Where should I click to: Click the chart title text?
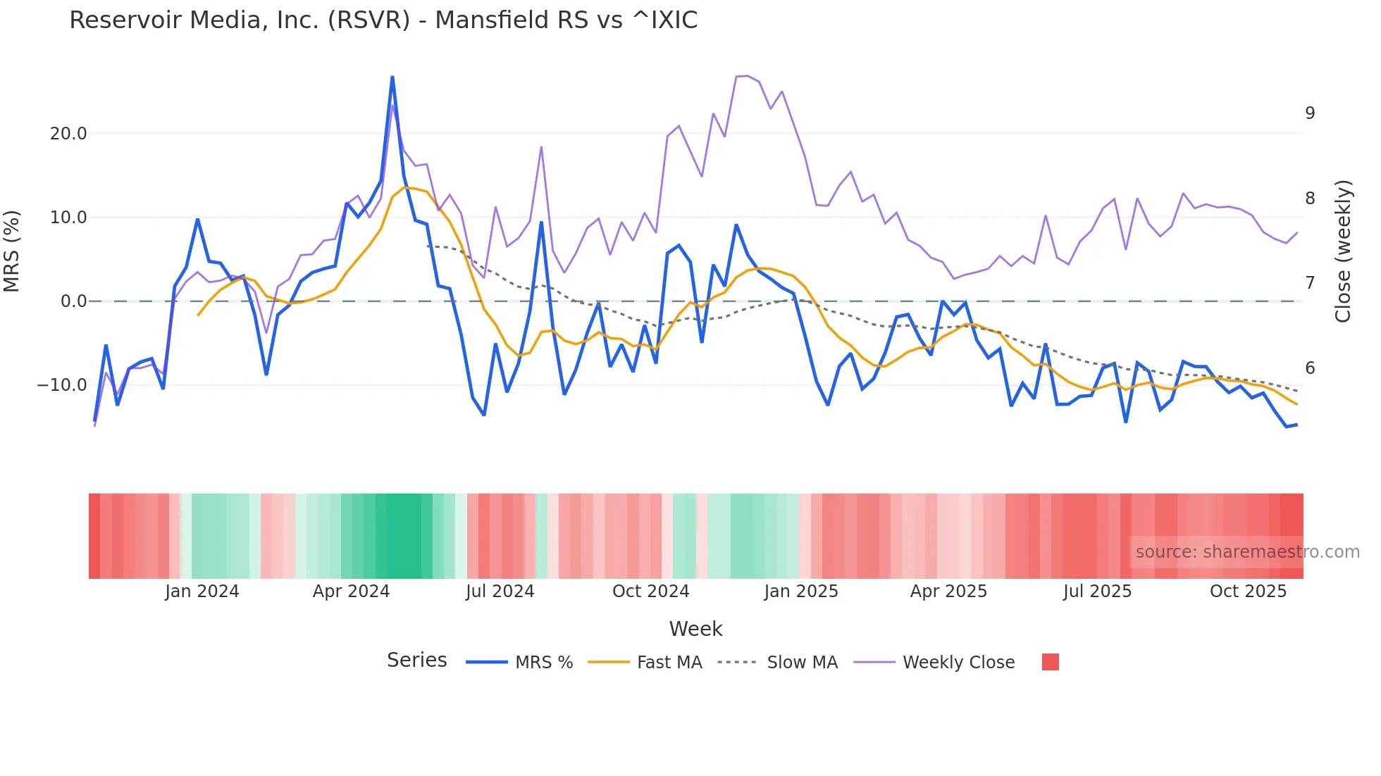(383, 20)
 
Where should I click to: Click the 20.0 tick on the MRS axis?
(68, 134)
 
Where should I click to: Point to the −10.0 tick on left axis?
(62, 385)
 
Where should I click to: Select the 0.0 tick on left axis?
(73, 301)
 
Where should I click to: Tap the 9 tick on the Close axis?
(1310, 113)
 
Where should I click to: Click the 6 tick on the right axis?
(1310, 368)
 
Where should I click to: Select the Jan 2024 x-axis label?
(202, 592)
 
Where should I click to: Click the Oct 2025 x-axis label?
(1248, 592)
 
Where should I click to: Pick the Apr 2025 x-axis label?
(948, 592)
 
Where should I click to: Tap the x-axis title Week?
(695, 629)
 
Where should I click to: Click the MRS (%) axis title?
(12, 251)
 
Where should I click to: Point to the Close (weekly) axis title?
(1343, 251)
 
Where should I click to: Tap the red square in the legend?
(1050, 662)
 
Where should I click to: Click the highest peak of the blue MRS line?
(392, 77)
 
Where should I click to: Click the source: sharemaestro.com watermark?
(1247, 552)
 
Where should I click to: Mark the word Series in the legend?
(416, 661)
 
